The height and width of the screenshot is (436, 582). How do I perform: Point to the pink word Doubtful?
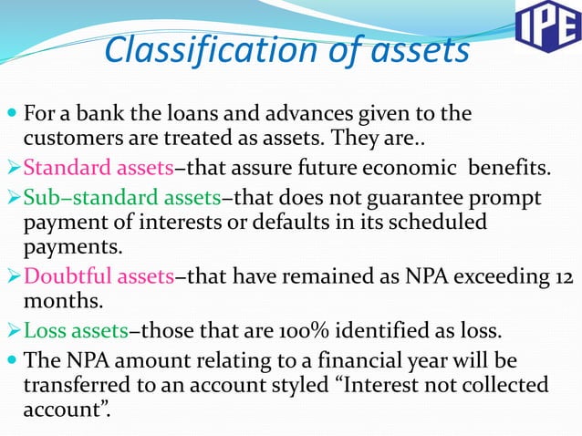coord(63,276)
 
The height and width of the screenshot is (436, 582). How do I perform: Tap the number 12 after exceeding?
coord(566,276)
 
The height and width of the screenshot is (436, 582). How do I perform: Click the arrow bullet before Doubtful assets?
coord(12,276)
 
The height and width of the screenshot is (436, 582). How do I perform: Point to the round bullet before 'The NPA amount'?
coord(10,359)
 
